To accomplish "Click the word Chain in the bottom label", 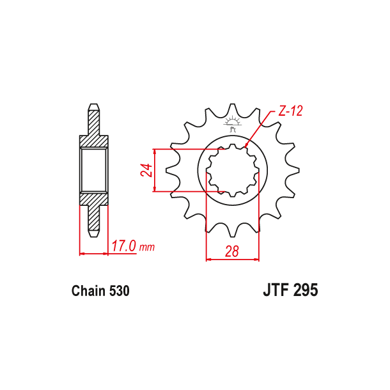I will (x=88, y=292).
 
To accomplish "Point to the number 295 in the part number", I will (x=305, y=291).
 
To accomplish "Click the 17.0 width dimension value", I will (x=125, y=246).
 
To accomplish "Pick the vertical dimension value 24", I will (x=146, y=170).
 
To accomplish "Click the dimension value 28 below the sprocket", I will (x=232, y=251).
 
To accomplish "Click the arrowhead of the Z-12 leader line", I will (x=246, y=147).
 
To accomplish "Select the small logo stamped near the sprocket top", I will (x=233, y=124).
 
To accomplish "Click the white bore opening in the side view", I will (x=93, y=169).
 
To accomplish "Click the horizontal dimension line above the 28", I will (x=232, y=260).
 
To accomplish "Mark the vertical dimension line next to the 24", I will (x=155, y=170).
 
